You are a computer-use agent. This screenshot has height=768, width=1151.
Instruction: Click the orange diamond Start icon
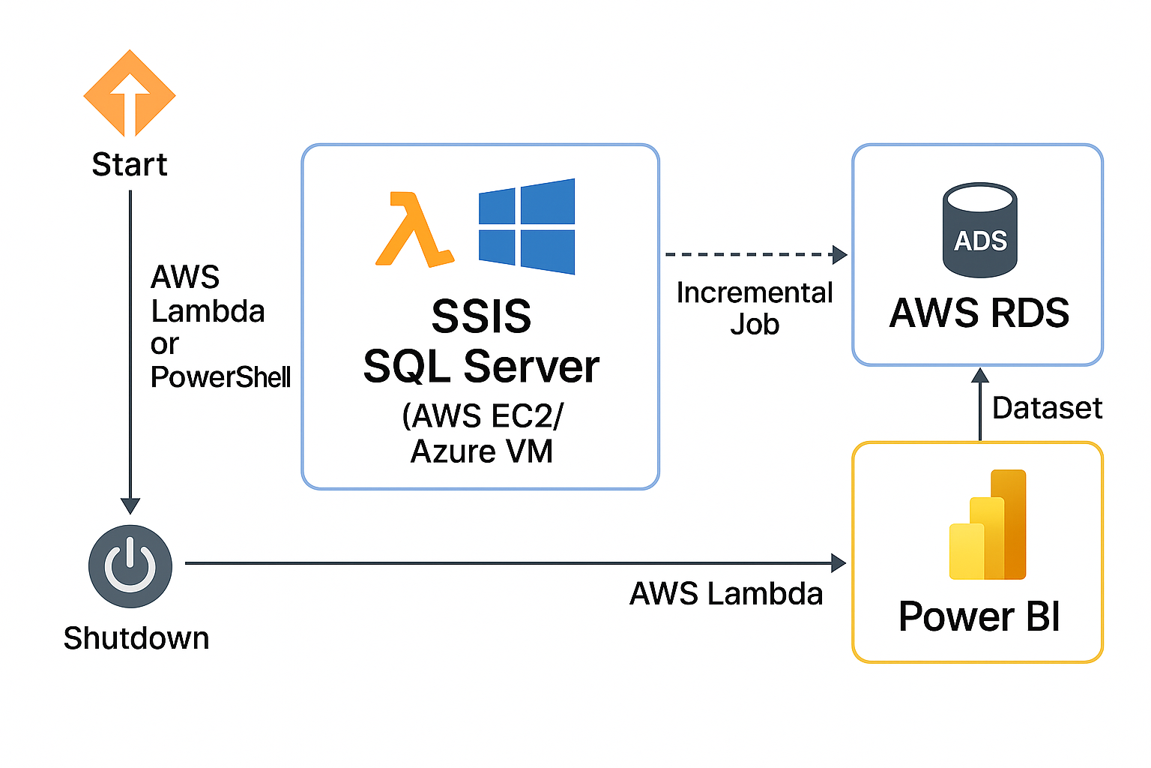(130, 94)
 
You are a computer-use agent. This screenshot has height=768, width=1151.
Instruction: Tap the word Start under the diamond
(130, 164)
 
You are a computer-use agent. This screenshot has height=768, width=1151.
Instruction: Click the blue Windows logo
(527, 226)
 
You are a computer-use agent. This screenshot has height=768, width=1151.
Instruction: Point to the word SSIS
(481, 316)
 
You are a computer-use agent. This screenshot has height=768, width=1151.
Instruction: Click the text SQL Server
(481, 366)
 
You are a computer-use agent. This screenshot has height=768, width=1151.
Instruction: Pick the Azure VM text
(481, 451)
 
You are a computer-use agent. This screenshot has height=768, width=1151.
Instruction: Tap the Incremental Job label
(754, 308)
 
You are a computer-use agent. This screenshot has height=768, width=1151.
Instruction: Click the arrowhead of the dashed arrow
(840, 255)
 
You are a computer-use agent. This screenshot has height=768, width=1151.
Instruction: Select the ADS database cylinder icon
(979, 230)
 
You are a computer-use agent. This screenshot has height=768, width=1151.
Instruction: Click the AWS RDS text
(979, 313)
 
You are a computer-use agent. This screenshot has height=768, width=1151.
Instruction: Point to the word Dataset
(1047, 408)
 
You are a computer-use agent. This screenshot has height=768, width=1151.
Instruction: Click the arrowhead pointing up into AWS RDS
(980, 376)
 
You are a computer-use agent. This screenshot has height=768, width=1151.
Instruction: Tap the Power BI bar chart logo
(988, 525)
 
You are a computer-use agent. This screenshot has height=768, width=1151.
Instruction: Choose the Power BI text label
(979, 616)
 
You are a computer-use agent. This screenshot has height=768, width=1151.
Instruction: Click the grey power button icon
(130, 566)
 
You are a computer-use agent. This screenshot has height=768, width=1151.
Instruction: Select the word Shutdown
(136, 638)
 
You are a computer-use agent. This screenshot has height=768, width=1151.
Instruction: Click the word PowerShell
(220, 376)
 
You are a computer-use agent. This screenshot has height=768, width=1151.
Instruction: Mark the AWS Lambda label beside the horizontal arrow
(725, 594)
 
